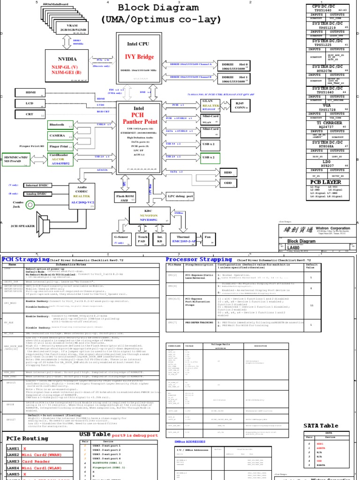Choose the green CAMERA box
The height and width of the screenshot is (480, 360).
click(x=60, y=135)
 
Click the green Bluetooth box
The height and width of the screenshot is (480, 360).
click(x=60, y=125)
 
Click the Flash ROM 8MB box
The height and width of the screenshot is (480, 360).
click(x=125, y=197)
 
